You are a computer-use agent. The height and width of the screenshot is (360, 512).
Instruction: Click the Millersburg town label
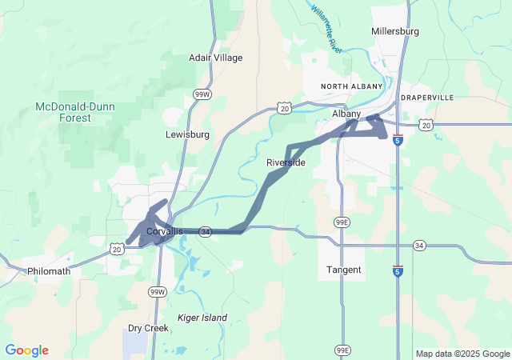pos(395,31)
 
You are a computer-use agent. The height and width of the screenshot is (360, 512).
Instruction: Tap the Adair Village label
pos(215,58)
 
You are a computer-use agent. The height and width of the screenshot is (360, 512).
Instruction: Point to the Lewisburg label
pos(187,134)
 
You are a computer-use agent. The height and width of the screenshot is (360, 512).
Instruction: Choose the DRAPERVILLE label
pos(427,97)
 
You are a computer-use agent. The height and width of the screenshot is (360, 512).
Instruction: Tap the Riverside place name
pos(286,162)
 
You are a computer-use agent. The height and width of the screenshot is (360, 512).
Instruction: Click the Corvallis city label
pos(164,231)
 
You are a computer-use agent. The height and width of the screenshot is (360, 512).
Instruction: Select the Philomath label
pos(49,270)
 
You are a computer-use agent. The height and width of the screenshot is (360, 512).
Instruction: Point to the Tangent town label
pos(344,270)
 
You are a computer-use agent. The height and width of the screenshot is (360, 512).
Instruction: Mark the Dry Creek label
pos(148,328)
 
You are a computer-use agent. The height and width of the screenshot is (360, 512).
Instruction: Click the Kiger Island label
pos(202,318)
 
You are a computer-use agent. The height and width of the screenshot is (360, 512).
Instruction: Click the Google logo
pos(26,350)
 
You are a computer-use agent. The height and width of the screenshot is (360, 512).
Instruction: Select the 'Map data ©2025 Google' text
pos(462,354)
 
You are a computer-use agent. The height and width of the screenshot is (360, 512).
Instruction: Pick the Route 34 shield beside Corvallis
pos(206,231)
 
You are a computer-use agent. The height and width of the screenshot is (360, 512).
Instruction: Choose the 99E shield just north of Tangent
pos(342,221)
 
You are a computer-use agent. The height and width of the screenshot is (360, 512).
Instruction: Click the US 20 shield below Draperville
pos(426,125)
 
